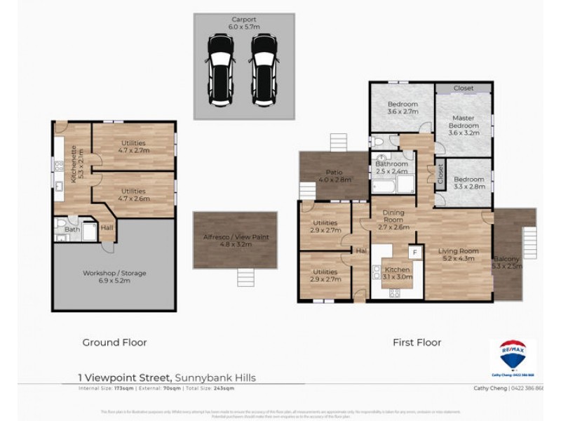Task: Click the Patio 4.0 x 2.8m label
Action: pyautogui.click(x=333, y=175)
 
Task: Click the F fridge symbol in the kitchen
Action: pyautogui.click(x=414, y=251)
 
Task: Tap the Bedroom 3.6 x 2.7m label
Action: pyautogui.click(x=403, y=108)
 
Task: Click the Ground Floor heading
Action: pyautogui.click(x=115, y=342)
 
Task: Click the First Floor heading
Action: pyautogui.click(x=417, y=342)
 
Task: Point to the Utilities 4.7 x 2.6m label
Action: pyautogui.click(x=133, y=195)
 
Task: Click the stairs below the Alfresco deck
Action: pyautogui.click(x=244, y=279)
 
